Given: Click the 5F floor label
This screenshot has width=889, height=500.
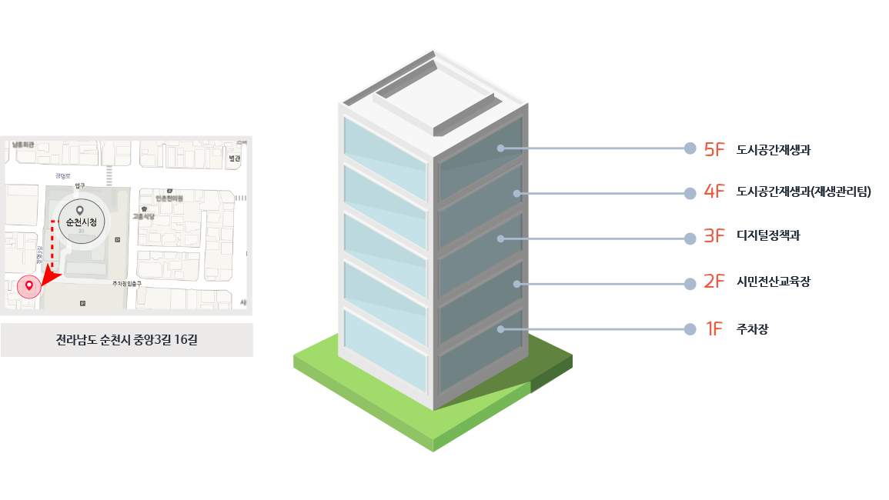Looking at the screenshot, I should point(714,149).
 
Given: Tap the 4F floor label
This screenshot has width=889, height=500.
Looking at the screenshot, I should point(714,193).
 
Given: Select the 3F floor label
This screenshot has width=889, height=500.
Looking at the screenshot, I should point(714,237).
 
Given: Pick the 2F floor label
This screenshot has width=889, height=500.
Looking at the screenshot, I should point(714,282).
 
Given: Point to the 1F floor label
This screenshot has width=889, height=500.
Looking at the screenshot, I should point(714,329).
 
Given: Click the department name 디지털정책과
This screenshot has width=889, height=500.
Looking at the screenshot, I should point(768,236).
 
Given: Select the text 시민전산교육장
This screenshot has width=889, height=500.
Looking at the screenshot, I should point(773,282).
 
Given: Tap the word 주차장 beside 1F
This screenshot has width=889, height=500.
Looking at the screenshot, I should point(752,330).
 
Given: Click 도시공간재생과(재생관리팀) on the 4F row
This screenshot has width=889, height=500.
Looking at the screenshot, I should point(803,192).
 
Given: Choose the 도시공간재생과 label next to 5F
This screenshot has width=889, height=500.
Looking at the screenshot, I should point(773,150).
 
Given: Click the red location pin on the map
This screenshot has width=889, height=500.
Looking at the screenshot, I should point(29,286).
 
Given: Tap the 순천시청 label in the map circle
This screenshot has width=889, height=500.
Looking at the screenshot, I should point(79,222).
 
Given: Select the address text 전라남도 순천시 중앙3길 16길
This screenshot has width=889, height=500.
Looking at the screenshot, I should point(127,340).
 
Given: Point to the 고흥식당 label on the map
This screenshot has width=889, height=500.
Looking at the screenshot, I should point(144,217).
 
